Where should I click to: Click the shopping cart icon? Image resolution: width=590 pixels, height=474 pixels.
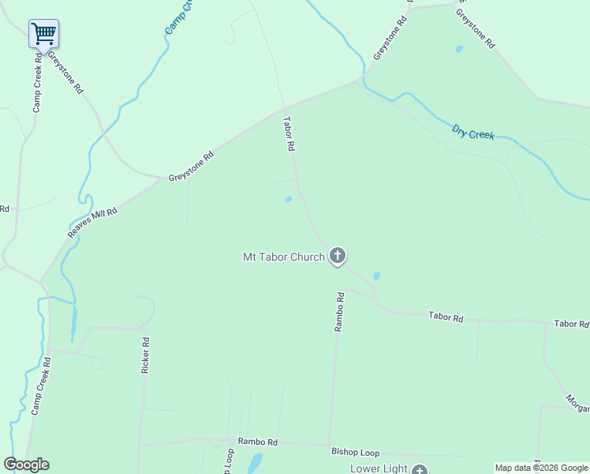(x=43, y=33)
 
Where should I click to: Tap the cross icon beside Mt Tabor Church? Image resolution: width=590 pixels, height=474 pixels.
(x=338, y=256)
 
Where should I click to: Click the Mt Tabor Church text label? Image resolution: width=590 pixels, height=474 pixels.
(x=283, y=257)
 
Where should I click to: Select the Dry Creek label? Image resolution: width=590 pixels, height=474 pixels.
(x=473, y=132)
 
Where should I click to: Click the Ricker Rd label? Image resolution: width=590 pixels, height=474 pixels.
(x=145, y=356)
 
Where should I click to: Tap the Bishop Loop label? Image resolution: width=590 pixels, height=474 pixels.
(x=355, y=453)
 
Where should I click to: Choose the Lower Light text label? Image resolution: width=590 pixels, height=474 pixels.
(x=379, y=468)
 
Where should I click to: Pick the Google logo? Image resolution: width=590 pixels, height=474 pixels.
(x=26, y=465)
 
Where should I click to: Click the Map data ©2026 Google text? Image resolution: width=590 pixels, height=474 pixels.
(x=541, y=468)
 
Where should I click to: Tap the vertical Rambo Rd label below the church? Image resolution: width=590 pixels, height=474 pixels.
(x=339, y=311)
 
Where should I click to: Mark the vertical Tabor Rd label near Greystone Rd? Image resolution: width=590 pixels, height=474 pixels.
(x=289, y=134)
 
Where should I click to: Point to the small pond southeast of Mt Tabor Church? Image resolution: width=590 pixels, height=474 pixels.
(x=376, y=276)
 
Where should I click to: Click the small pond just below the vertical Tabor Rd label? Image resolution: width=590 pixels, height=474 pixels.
(x=288, y=199)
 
